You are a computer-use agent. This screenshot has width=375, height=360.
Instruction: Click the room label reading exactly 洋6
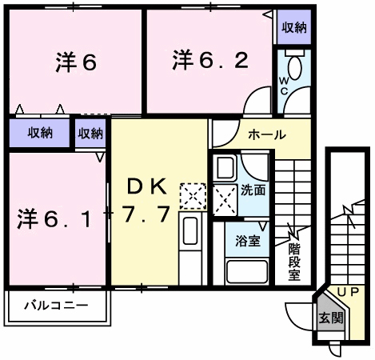pyautogui.click(x=77, y=62)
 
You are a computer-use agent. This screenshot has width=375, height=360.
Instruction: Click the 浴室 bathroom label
pyautogui.click(x=246, y=240)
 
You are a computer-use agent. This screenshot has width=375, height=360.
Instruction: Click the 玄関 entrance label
pyautogui.click(x=329, y=317)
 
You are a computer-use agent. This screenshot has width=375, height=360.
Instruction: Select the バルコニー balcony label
pyautogui.click(x=54, y=305)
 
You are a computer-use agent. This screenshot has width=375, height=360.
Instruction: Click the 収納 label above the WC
pyautogui.click(x=293, y=28)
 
